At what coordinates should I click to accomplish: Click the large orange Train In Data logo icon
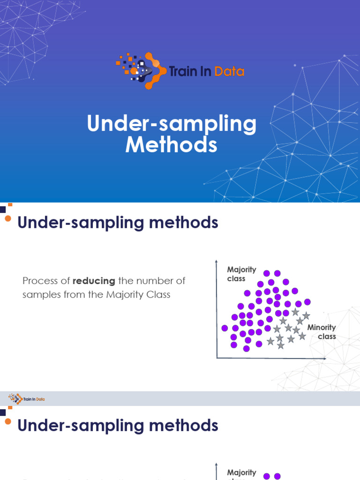pos(141,71)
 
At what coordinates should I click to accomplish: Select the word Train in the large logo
pos(182,71)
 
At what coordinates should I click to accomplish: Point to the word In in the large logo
pos(207,71)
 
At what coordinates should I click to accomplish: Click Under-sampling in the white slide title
pos(172,124)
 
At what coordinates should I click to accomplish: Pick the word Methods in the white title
pos(172,144)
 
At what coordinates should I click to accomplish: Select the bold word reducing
pos(94,281)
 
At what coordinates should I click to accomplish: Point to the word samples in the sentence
pos(39,295)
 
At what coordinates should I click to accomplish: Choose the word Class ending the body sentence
pos(158,295)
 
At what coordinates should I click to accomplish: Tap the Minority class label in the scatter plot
pos(322,332)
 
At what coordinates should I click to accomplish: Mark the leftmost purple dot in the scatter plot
pos(225,328)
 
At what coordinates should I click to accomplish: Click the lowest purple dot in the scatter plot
pos(247,348)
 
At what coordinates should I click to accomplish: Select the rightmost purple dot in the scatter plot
pos(307,302)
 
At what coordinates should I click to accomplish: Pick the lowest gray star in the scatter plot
pos(280,345)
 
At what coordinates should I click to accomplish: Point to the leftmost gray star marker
pos(270,341)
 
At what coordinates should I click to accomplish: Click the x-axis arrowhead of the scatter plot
pos(324,358)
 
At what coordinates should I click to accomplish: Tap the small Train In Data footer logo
pos(27,399)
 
